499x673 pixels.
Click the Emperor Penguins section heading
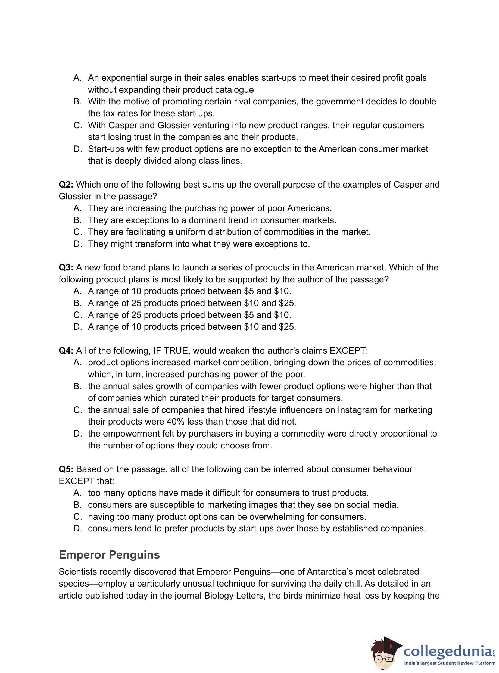[x=109, y=555]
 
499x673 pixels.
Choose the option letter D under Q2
[x=77, y=244]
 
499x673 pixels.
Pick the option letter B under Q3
[x=77, y=303]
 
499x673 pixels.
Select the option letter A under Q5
[x=77, y=493]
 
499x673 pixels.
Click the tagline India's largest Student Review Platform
[x=450, y=663]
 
